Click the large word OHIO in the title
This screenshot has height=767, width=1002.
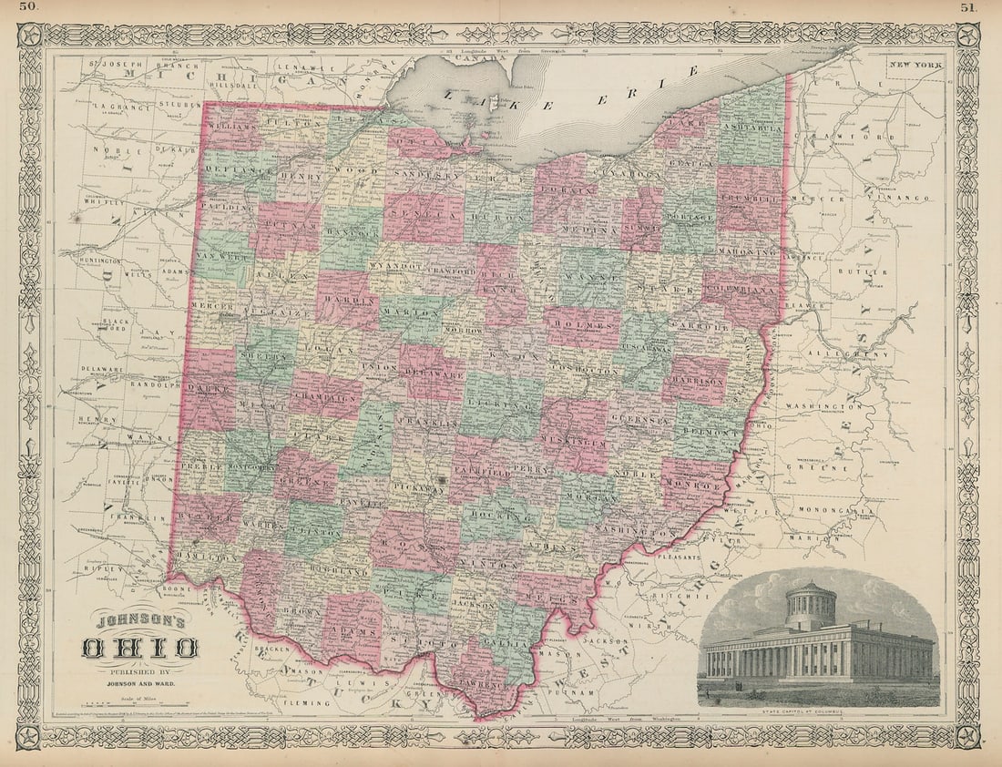click(x=140, y=649)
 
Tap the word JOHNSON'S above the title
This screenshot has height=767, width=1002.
click(x=140, y=624)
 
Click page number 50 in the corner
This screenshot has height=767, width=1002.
click(x=29, y=8)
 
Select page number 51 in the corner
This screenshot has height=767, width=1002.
click(x=970, y=8)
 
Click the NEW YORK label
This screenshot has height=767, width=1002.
click(x=915, y=65)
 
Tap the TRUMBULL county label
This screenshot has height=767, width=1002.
click(x=750, y=199)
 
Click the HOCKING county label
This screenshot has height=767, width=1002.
click(x=500, y=516)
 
